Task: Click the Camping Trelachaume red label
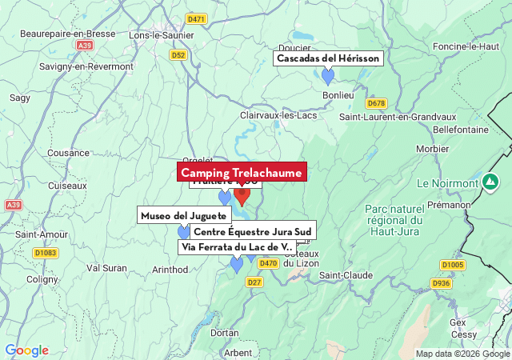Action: (x=242, y=173)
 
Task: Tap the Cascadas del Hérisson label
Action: (x=328, y=58)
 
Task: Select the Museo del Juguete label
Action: (x=184, y=216)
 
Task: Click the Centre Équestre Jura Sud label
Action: (x=253, y=231)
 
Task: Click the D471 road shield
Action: (x=196, y=18)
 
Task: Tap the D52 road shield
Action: (x=178, y=55)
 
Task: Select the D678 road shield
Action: (x=376, y=103)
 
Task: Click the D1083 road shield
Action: (x=46, y=253)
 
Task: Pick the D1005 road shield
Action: (x=453, y=265)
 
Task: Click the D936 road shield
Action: (x=441, y=283)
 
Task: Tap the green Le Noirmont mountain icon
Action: (x=490, y=182)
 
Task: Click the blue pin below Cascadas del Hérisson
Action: (x=327, y=77)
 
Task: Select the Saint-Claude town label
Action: (x=346, y=275)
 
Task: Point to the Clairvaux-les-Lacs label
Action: (x=279, y=115)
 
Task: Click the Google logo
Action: (x=26, y=350)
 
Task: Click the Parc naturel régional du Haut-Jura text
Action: (x=394, y=220)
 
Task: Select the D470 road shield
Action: (x=268, y=263)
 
